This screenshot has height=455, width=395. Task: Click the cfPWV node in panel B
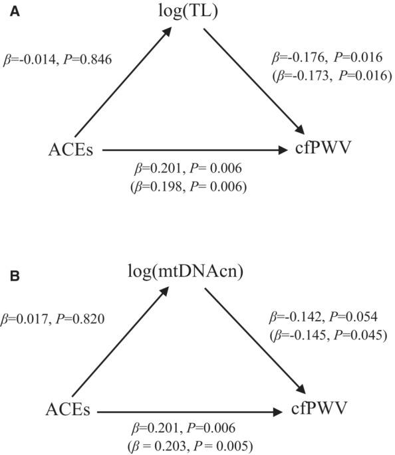(x=319, y=410)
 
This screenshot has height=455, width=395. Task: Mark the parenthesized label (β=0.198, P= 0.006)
(x=191, y=187)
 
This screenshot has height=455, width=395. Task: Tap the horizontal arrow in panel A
(x=193, y=150)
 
